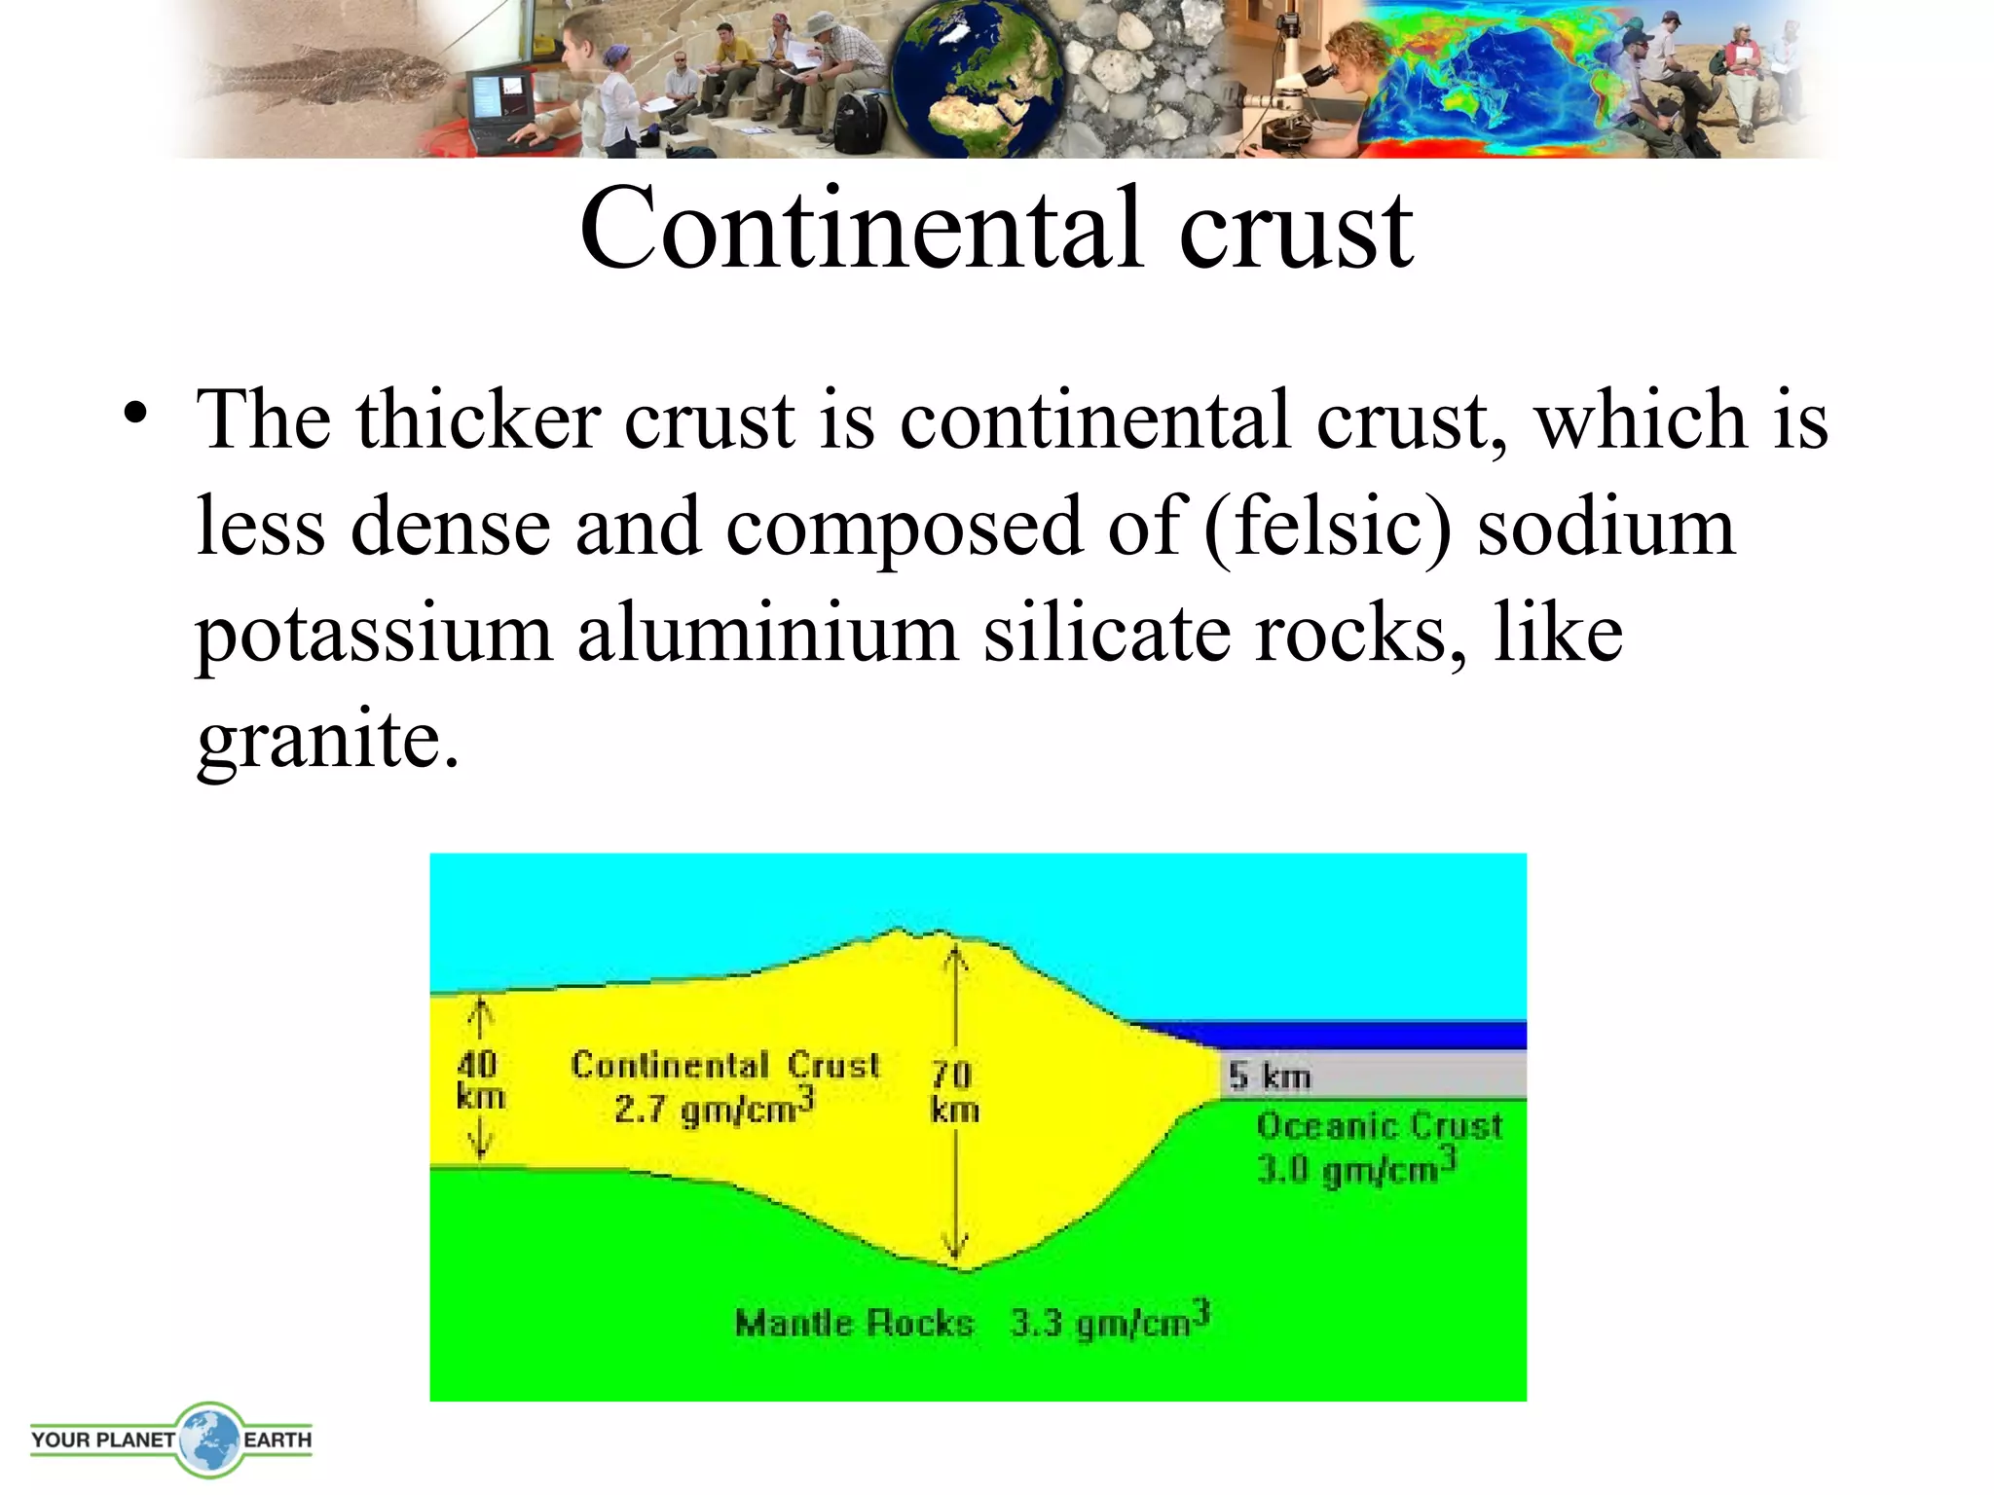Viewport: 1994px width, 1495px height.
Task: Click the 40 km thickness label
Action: point(481,1079)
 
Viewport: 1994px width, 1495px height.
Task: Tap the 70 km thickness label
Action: point(953,1091)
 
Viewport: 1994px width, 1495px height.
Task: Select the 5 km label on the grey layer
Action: point(1269,1076)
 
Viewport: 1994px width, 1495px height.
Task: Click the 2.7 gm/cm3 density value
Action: point(713,1107)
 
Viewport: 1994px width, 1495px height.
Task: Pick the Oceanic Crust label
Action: point(1379,1126)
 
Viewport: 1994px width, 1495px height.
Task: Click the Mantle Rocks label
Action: point(854,1324)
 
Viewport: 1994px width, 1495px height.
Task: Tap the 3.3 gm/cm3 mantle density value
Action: point(1110,1322)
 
